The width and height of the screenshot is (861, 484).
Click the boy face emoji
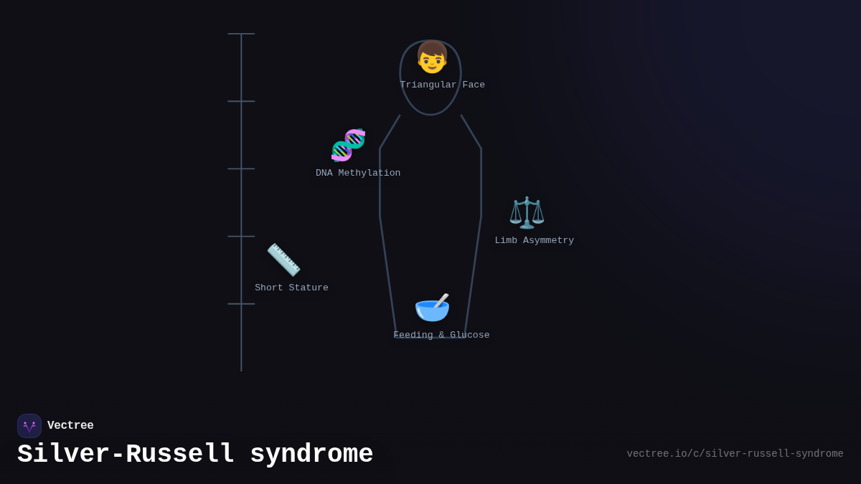[x=432, y=57]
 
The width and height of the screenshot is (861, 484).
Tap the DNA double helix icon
[x=348, y=145]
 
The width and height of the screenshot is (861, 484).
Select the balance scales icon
[x=527, y=212]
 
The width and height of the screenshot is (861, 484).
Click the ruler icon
[x=283, y=260]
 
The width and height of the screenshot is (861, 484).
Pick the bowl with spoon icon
[x=432, y=307]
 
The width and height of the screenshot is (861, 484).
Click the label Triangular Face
[x=442, y=85]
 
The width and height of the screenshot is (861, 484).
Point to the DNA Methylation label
[x=358, y=174]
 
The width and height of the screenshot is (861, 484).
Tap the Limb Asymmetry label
[x=534, y=241]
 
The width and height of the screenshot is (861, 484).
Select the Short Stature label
[x=291, y=288]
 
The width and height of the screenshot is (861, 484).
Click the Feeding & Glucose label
[x=441, y=336]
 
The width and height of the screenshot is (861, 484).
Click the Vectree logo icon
[x=29, y=426]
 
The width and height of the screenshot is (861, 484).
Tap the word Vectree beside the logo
[x=70, y=426]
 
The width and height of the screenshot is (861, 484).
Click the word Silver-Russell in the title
[x=126, y=455]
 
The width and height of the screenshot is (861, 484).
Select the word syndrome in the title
[x=311, y=455]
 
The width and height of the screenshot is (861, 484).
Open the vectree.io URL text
[x=735, y=454]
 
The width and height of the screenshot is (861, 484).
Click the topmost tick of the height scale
[x=241, y=34]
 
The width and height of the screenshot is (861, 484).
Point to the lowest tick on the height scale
[x=241, y=304]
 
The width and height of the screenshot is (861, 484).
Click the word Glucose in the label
[x=470, y=336]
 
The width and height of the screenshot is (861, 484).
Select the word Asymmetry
[x=548, y=241]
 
